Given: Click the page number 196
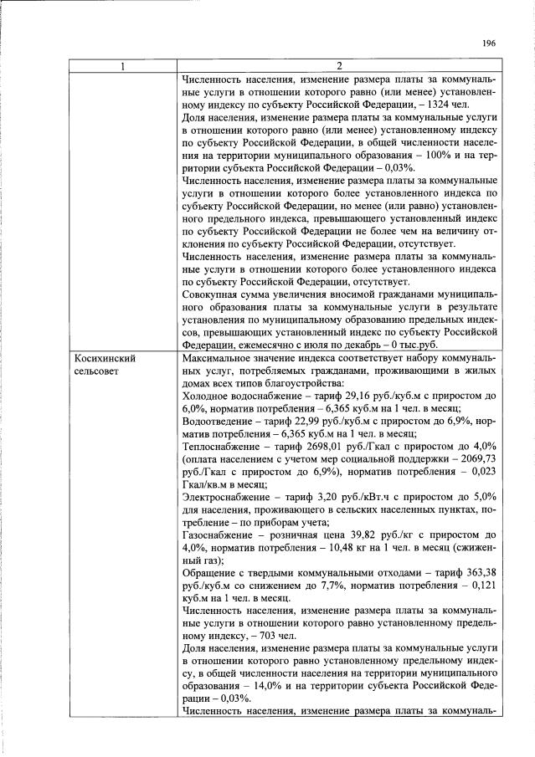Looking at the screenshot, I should point(489,44).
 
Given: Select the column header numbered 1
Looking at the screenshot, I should point(122,67).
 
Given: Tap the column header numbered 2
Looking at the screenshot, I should point(339,67).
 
